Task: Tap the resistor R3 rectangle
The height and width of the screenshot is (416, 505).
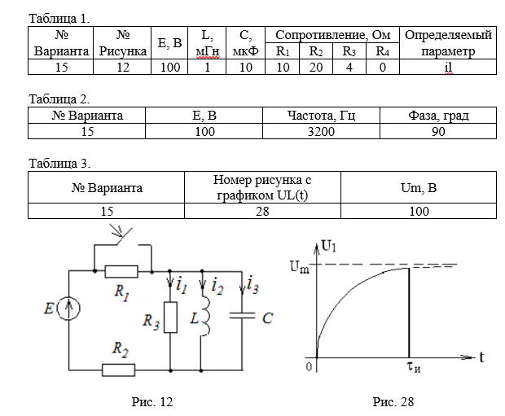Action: pyautogui.click(x=170, y=317)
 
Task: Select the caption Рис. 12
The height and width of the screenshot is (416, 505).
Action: pyautogui.click(x=152, y=401)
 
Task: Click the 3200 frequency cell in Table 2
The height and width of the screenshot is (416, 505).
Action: pyautogui.click(x=320, y=131)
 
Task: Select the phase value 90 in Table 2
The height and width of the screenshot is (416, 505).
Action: pyautogui.click(x=437, y=131)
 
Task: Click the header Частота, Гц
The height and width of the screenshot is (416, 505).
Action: pyautogui.click(x=320, y=116)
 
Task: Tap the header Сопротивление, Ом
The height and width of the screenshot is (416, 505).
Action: pyautogui.click(x=334, y=35)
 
